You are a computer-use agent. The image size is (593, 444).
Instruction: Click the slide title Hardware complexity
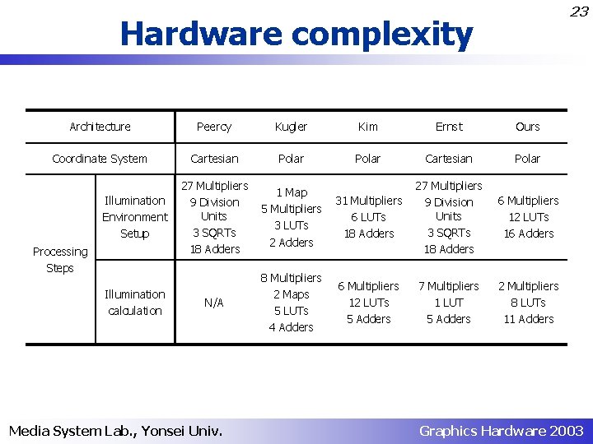click(296, 35)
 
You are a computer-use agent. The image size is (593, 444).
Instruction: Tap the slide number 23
click(579, 12)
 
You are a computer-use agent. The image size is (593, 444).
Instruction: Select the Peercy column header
click(214, 127)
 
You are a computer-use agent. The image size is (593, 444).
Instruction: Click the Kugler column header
click(291, 127)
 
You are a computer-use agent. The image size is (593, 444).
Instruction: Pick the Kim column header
click(368, 127)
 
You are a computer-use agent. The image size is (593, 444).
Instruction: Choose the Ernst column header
click(449, 127)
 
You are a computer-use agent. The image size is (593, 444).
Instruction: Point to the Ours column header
click(527, 127)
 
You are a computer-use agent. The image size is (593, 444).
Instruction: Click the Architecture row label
click(100, 127)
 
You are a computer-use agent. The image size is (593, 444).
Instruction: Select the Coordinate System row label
click(100, 159)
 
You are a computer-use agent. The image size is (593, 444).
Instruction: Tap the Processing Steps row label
click(59, 260)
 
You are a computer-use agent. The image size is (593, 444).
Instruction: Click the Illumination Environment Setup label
click(134, 217)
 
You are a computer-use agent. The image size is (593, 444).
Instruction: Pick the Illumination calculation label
click(134, 303)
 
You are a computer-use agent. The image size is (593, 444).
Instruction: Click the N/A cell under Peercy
click(214, 303)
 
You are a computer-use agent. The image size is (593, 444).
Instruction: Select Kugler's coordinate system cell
click(291, 159)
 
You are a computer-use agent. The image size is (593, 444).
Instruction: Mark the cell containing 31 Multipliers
click(368, 217)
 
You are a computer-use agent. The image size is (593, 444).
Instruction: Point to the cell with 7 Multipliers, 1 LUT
click(449, 303)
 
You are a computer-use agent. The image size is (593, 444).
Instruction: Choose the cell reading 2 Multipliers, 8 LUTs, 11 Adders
click(527, 303)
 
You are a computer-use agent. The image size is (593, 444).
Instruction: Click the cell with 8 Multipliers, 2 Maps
click(291, 303)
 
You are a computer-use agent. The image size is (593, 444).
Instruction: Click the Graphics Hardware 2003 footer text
click(501, 430)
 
